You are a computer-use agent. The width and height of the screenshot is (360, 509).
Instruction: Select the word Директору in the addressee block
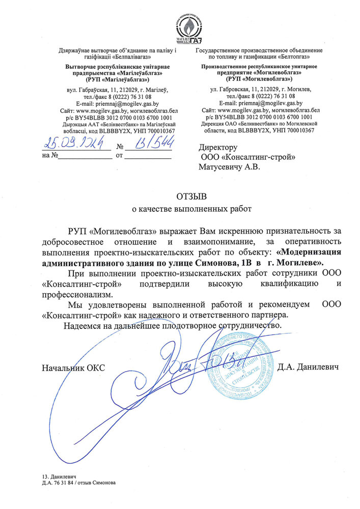[219, 148]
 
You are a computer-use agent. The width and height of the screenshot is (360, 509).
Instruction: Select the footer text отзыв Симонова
[100, 482]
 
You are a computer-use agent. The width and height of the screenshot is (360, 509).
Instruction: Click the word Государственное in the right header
[220, 51]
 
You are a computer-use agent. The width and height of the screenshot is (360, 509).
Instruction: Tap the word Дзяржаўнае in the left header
[76, 51]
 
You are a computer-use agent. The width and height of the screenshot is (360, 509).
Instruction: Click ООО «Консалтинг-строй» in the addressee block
[248, 157]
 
